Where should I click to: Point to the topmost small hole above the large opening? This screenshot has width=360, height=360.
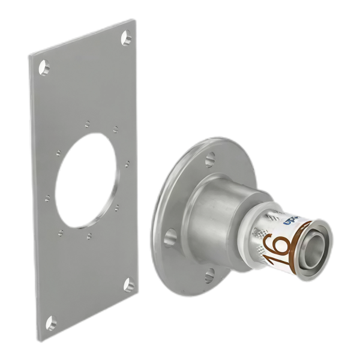[x=87, y=124]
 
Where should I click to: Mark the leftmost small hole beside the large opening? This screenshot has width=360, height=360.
[x=46, y=196]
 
